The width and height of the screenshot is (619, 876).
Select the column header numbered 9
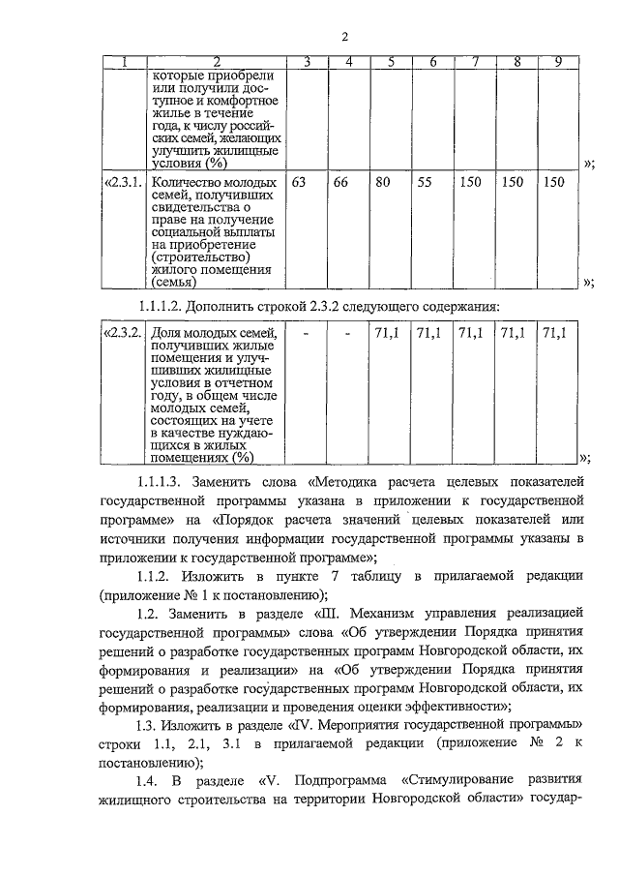pos(557,63)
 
